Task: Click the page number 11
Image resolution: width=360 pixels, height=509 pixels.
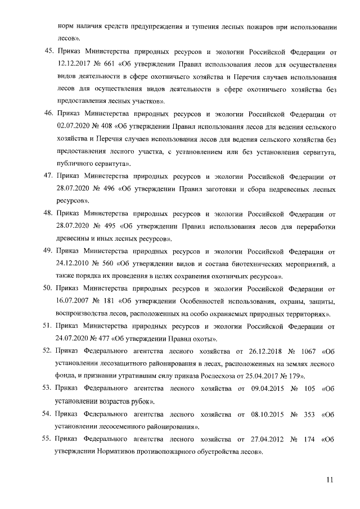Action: click(x=330, y=479)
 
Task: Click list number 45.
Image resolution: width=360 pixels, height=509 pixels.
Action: click(x=48, y=52)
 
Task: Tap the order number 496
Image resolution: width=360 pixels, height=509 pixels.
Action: click(x=125, y=189)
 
